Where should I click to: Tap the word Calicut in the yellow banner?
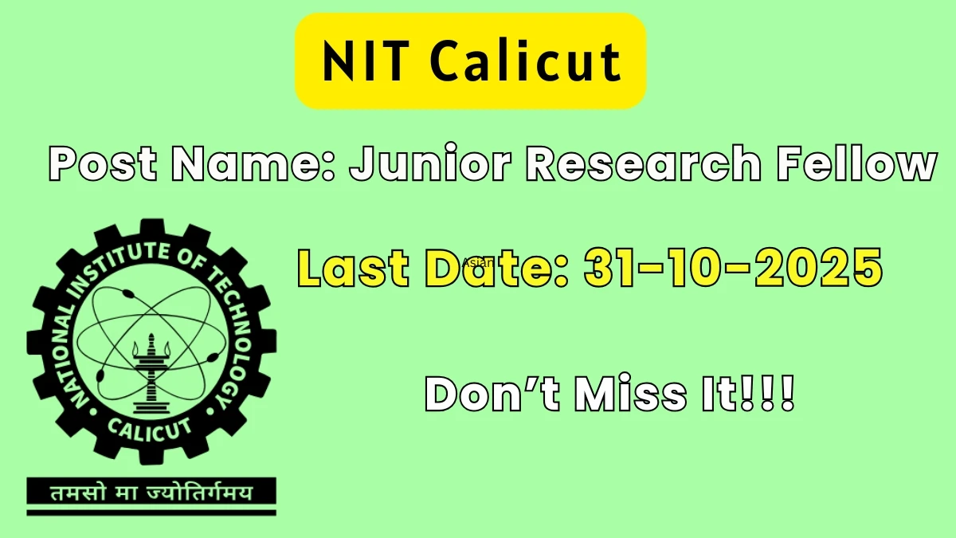526,61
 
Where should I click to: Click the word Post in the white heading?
103,163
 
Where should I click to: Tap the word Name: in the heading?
253,163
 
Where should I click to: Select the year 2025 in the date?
819,268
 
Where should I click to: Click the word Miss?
631,393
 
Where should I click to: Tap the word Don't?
492,393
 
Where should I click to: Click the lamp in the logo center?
151,375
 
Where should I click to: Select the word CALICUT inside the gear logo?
151,430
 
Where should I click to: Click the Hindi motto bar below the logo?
151,493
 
